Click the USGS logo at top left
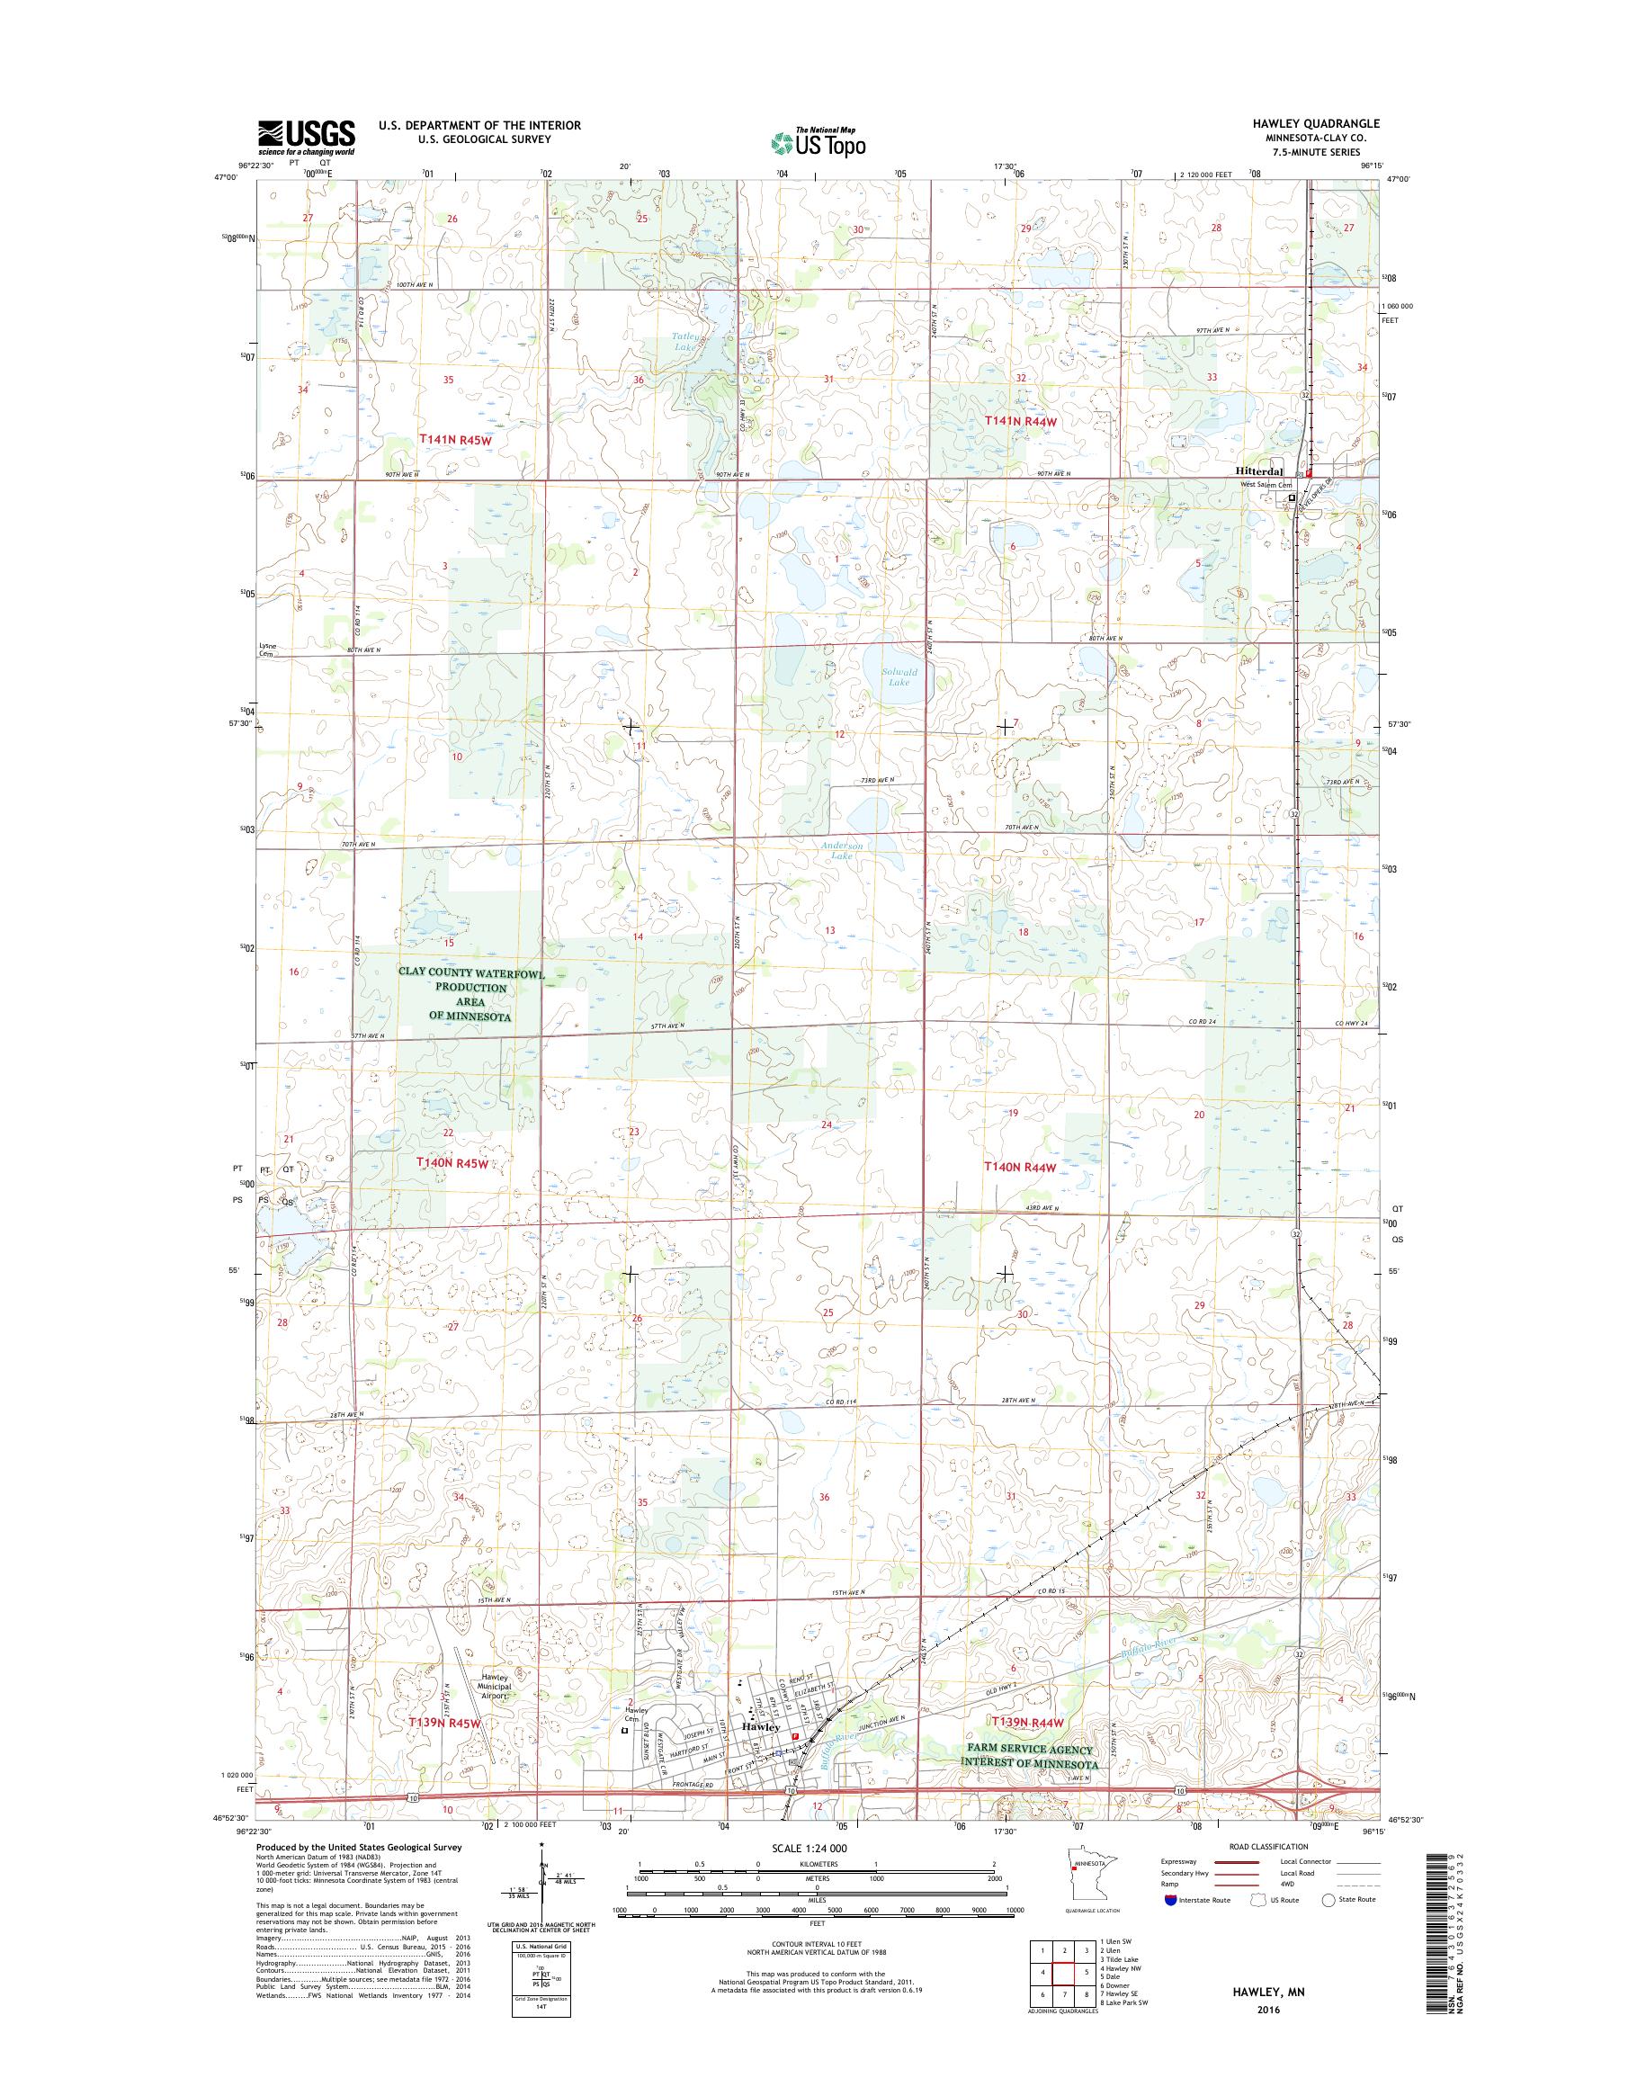[x=306, y=138]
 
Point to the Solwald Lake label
[x=899, y=677]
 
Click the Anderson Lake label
[x=842, y=850]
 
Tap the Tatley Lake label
[x=685, y=341]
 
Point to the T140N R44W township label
[x=1021, y=1167]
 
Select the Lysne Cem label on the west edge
[x=268, y=649]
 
